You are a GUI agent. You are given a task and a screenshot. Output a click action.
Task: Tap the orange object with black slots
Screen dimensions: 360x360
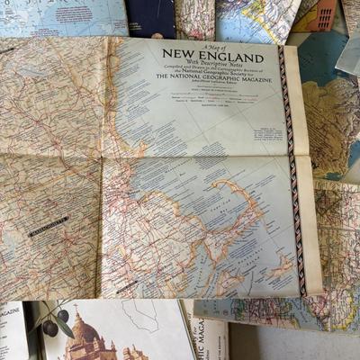pos(326,13)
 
